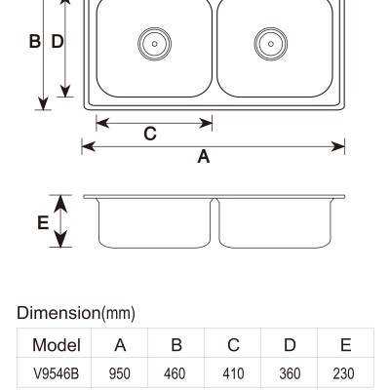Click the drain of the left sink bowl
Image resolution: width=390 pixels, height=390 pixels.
coord(154,44)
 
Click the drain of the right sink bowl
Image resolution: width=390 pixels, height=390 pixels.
coord(271,44)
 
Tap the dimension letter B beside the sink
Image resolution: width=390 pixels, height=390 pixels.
coord(35,41)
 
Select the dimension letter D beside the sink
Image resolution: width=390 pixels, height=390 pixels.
coord(58,41)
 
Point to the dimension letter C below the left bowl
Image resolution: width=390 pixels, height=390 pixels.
coord(150,134)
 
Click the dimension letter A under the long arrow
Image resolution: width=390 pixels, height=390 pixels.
coord(204,156)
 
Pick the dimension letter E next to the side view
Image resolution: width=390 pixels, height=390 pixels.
coord(43,222)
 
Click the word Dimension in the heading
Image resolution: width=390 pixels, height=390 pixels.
coord(58,313)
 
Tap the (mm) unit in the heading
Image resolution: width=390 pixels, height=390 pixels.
coord(118,314)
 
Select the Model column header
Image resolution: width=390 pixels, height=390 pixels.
coord(57,345)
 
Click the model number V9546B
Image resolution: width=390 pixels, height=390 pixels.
coord(57,373)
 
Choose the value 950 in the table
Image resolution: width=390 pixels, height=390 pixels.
coord(120,373)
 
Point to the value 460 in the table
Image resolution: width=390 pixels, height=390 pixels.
coord(175,373)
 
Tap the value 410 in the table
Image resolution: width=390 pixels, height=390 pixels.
coord(233,373)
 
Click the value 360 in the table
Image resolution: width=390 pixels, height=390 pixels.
coord(290,373)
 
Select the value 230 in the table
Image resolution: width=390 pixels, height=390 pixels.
coord(343,373)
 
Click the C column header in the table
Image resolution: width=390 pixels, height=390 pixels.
coord(233,345)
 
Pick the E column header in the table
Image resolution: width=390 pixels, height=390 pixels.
coord(346,345)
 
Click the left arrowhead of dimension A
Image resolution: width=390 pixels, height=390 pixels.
coord(88,146)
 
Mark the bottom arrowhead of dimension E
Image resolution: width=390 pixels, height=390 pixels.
coord(60,239)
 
